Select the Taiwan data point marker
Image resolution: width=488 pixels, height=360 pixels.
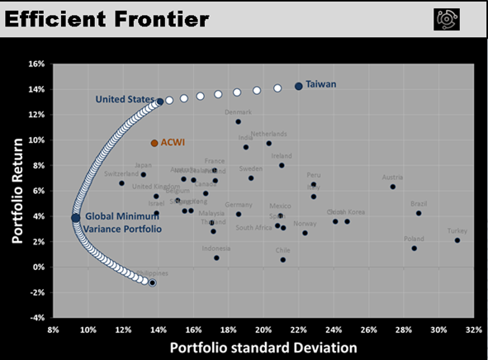point(299,86)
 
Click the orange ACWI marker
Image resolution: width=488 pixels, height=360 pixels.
point(154,143)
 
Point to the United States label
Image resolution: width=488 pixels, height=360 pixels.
point(124,100)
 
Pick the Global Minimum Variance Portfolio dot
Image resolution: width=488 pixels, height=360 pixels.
point(76,217)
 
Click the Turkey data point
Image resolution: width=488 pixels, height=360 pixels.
point(457,240)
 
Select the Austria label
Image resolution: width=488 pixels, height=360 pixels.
point(392,177)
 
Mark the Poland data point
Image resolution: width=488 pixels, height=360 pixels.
point(415,249)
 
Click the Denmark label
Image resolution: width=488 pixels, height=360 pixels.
point(238,111)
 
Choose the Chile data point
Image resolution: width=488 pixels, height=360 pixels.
point(282,259)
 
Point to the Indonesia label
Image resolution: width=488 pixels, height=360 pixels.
point(216,248)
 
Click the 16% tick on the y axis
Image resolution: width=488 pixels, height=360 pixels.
point(36,64)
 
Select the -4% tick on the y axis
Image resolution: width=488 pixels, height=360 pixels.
point(36,317)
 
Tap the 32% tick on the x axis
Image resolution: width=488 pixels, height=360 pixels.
point(474,330)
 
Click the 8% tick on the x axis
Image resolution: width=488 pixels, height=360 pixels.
point(53,330)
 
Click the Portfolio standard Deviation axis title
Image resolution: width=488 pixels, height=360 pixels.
point(263,348)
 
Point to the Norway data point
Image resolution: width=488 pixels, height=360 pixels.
point(305,233)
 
